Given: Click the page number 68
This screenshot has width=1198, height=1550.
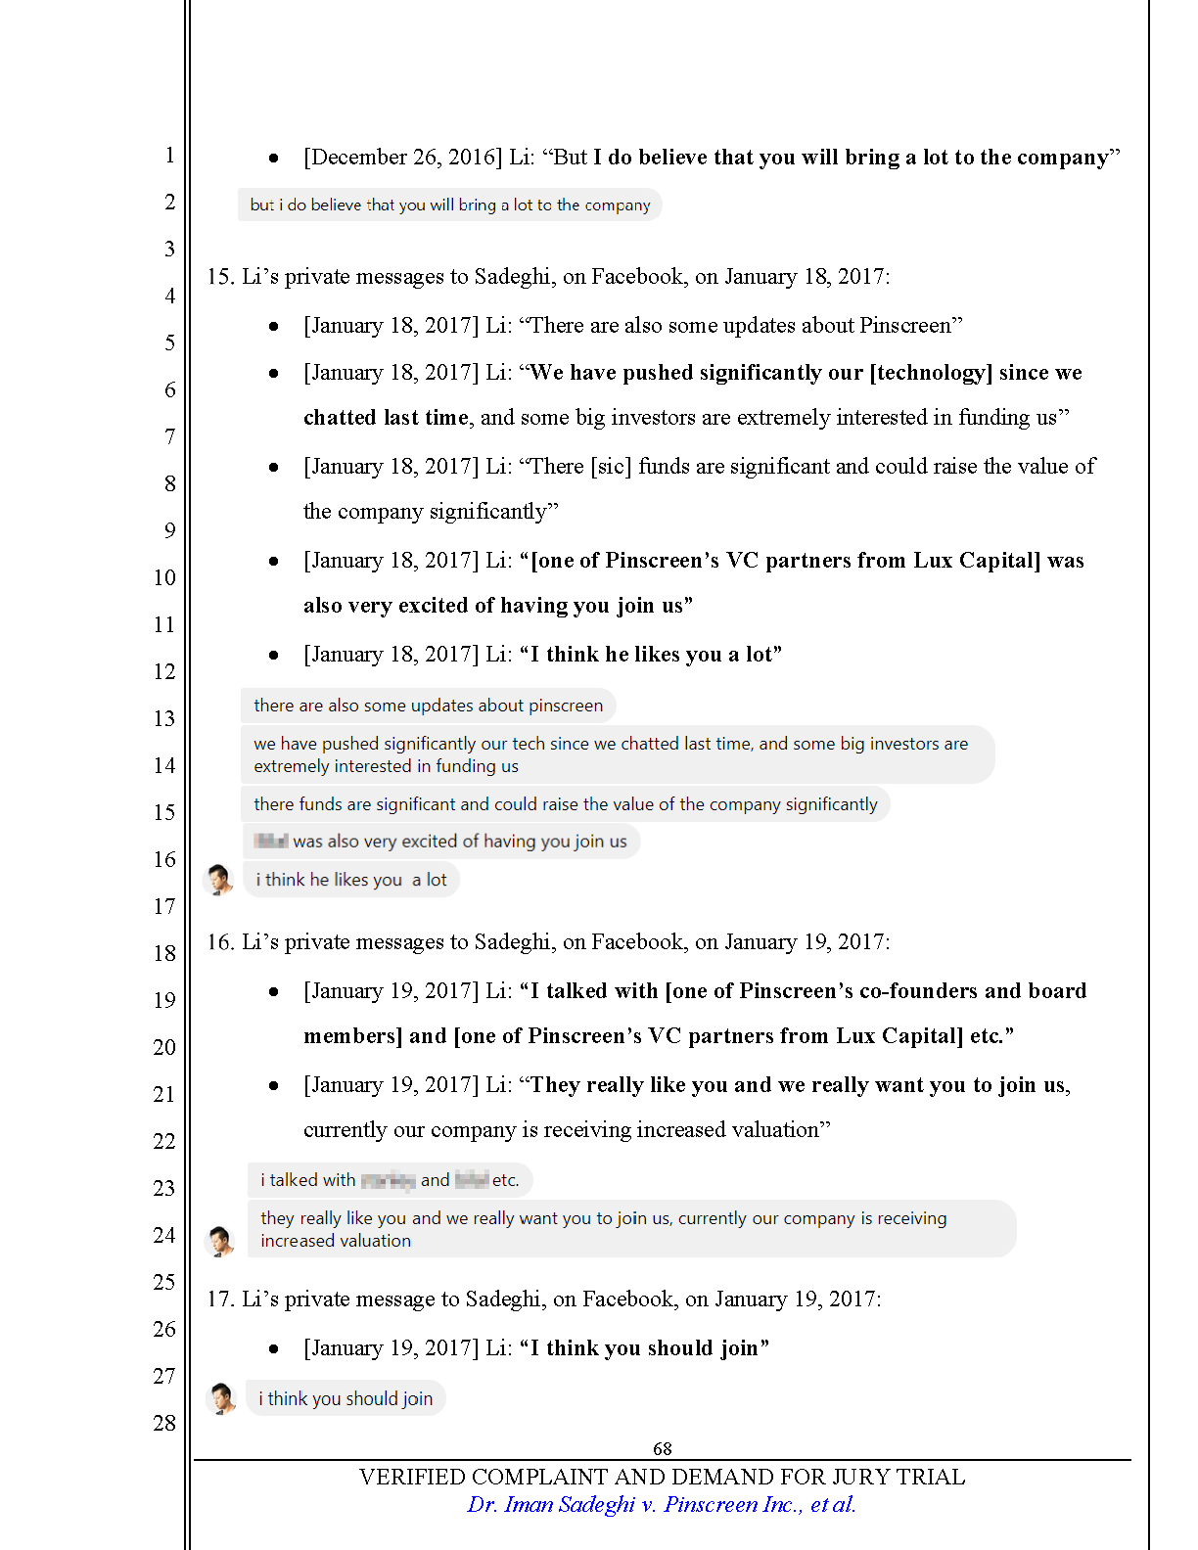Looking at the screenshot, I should coord(662,1448).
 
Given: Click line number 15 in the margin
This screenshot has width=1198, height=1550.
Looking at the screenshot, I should coord(164,812).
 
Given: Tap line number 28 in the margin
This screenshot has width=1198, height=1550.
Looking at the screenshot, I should coord(164,1423).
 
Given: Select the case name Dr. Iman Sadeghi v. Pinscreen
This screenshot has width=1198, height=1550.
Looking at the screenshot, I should coord(662,1505).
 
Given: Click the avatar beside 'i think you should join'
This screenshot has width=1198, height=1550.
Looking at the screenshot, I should coord(222,1398).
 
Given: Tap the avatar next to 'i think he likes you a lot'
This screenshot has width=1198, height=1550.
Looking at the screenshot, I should coord(219,879).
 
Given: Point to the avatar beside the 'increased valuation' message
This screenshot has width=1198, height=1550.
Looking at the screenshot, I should coord(220,1241).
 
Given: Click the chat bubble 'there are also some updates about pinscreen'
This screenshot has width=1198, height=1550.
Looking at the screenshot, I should coord(428,706).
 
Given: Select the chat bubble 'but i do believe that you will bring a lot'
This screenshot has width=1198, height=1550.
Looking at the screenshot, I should coord(449,205).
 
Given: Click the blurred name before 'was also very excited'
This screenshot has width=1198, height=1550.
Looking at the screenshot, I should coord(270,841).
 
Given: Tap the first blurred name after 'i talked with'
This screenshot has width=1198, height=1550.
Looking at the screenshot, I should coord(388,1180).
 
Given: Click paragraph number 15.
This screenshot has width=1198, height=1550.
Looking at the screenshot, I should coord(220,277).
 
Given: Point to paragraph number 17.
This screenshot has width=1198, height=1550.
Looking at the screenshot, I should coord(220,1299).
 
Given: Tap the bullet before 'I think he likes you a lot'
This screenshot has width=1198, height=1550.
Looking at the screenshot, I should coord(274,655).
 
